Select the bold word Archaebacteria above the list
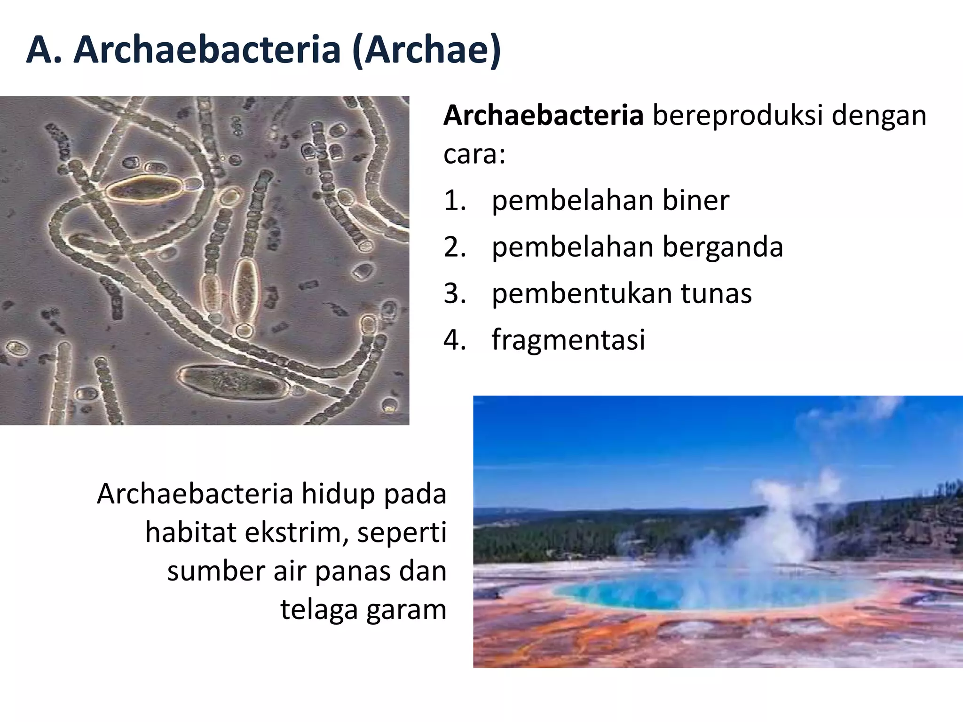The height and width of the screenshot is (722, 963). point(543,115)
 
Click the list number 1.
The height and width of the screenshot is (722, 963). point(454,200)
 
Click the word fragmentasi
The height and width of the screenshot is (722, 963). point(568,339)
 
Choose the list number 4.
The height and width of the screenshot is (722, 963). point(454,339)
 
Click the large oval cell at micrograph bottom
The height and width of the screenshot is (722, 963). point(234,382)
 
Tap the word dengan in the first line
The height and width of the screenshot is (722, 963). point(879,115)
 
